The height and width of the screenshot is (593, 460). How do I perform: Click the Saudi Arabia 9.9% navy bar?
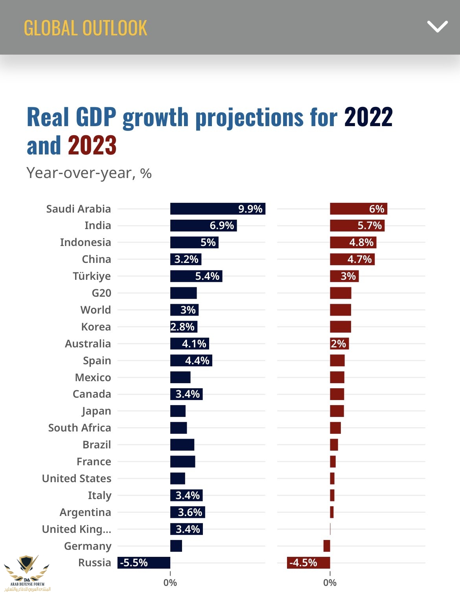217,209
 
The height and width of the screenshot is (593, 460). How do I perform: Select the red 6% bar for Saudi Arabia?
358,209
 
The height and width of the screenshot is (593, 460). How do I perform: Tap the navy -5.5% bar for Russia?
144,563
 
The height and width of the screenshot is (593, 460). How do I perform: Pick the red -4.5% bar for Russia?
308,563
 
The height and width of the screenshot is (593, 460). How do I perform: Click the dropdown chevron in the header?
437,27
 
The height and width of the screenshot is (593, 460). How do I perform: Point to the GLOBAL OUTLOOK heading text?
85,28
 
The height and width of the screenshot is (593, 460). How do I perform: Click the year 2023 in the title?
92,145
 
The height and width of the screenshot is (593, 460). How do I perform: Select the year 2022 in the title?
368,117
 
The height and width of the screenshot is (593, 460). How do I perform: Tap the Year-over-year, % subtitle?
89,173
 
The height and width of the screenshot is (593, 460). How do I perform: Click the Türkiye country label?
92,276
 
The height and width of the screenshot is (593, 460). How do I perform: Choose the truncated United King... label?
77,529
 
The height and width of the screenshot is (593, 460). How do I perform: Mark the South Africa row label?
79,428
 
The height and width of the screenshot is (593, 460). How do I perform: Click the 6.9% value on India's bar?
222,226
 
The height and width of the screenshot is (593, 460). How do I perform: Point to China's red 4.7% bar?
352,259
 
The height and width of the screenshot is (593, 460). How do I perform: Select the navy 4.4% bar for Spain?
191,360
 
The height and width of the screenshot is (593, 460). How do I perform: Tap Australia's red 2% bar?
339,344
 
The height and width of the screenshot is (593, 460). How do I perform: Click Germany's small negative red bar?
327,546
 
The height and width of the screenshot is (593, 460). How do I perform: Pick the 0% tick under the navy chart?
170,582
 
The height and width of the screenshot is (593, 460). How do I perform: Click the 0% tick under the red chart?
330,582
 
